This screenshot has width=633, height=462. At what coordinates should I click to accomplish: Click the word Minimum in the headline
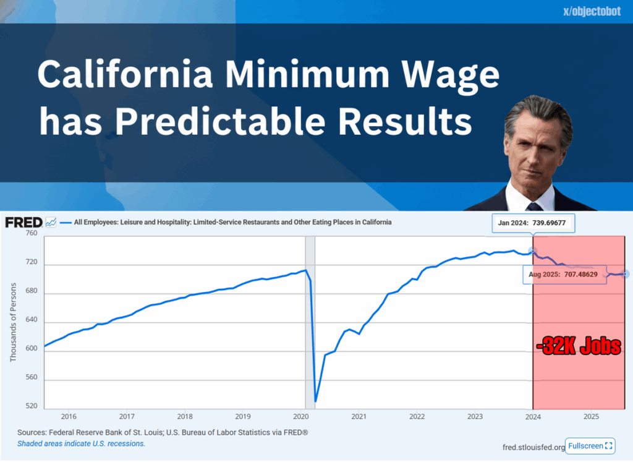coord(307,74)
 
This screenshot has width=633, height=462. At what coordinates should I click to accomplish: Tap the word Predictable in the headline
coord(220,121)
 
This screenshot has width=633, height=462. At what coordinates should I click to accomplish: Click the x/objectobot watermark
coord(592,11)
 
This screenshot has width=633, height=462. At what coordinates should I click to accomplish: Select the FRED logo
coord(24,222)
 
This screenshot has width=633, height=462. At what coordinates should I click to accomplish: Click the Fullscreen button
coord(590,446)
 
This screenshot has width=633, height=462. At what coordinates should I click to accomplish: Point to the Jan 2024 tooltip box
coord(533,223)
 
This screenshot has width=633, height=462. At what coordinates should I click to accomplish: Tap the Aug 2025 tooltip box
coord(564,275)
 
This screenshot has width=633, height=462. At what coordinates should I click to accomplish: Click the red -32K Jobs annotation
coord(579,346)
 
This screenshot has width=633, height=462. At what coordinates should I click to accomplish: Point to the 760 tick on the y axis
coord(32,233)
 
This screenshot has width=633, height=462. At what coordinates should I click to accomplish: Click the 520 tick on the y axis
coord(32,406)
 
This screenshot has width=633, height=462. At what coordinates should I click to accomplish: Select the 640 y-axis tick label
coord(32,320)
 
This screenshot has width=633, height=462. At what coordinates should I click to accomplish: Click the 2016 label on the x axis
coord(69,416)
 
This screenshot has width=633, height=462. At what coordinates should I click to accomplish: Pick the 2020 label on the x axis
coord(301,416)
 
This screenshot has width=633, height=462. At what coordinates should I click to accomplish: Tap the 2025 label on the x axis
coord(591,416)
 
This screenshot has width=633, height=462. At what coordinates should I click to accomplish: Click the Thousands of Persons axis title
coord(14,322)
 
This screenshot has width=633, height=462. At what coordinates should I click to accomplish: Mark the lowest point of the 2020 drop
coord(315,401)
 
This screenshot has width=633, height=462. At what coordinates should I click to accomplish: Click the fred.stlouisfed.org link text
coord(533,447)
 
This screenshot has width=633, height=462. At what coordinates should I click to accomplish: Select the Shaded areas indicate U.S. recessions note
coord(81,443)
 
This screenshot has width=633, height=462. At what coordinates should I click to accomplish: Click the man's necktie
coord(533,207)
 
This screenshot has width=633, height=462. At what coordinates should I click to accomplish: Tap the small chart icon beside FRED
coord(51,222)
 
